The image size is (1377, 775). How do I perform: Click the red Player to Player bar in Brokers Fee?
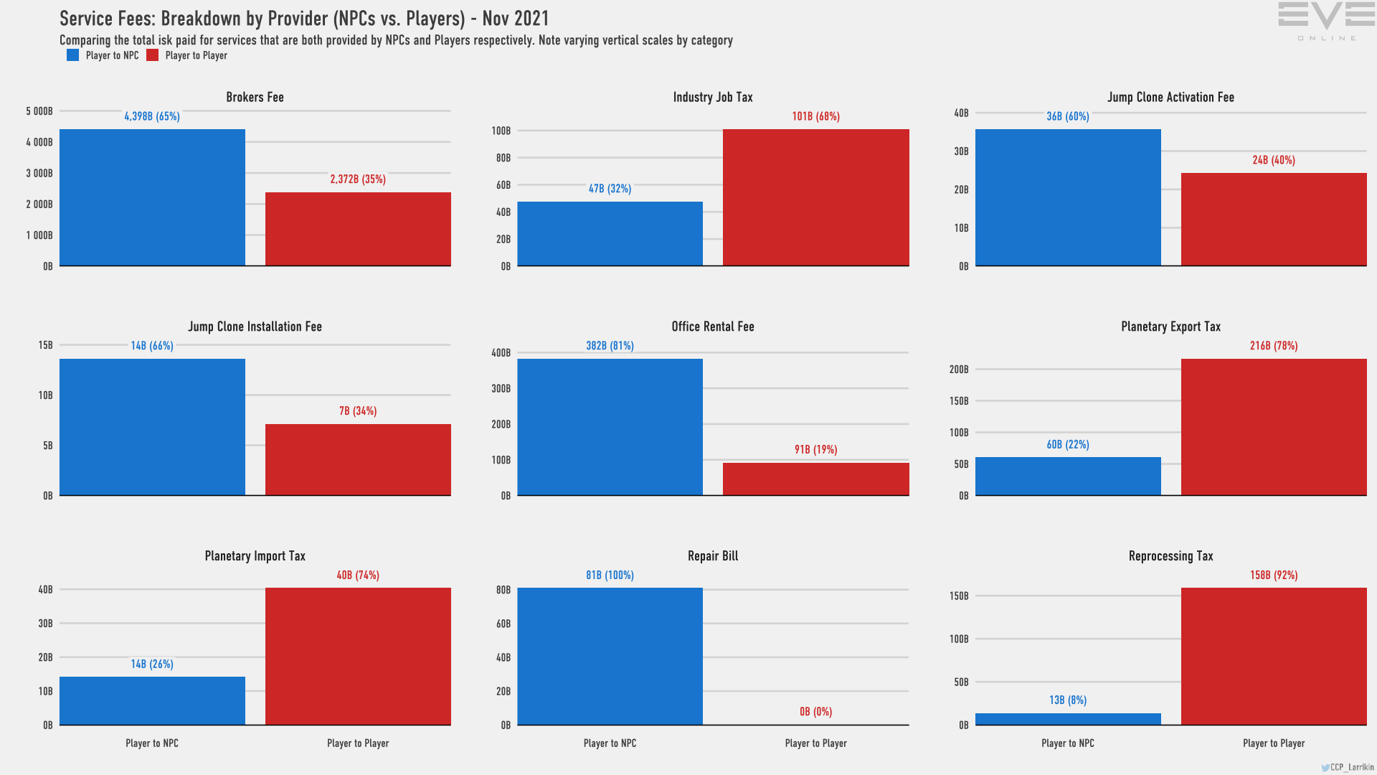pos(358,229)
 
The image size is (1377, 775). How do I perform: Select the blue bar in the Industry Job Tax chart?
pos(610,234)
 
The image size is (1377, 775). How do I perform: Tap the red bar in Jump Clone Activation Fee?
pos(1274,219)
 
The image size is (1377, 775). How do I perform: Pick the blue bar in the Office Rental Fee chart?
pos(610,427)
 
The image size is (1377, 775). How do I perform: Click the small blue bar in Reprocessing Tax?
pos(1068,719)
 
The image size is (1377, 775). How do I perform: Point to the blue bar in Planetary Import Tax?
pos(152,700)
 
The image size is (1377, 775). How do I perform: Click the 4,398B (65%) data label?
pos(152,116)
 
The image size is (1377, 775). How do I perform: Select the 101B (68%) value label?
pos(815,116)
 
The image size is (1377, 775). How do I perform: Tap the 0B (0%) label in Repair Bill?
pos(815,712)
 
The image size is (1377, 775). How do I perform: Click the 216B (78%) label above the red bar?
pos(1274,346)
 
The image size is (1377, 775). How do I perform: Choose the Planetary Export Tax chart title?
pos(1170,327)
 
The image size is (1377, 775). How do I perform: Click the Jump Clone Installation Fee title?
pos(255,327)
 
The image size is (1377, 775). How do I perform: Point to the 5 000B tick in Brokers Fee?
pos(39,111)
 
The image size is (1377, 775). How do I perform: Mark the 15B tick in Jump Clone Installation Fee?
pos(45,345)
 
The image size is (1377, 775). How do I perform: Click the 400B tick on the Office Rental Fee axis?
pos(501,353)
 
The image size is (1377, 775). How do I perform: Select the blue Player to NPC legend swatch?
pos(72,55)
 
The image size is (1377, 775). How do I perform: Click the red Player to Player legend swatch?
pos(152,55)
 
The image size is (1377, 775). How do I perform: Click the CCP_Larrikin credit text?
pos(1351,767)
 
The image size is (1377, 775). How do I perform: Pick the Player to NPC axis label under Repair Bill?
pos(610,743)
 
